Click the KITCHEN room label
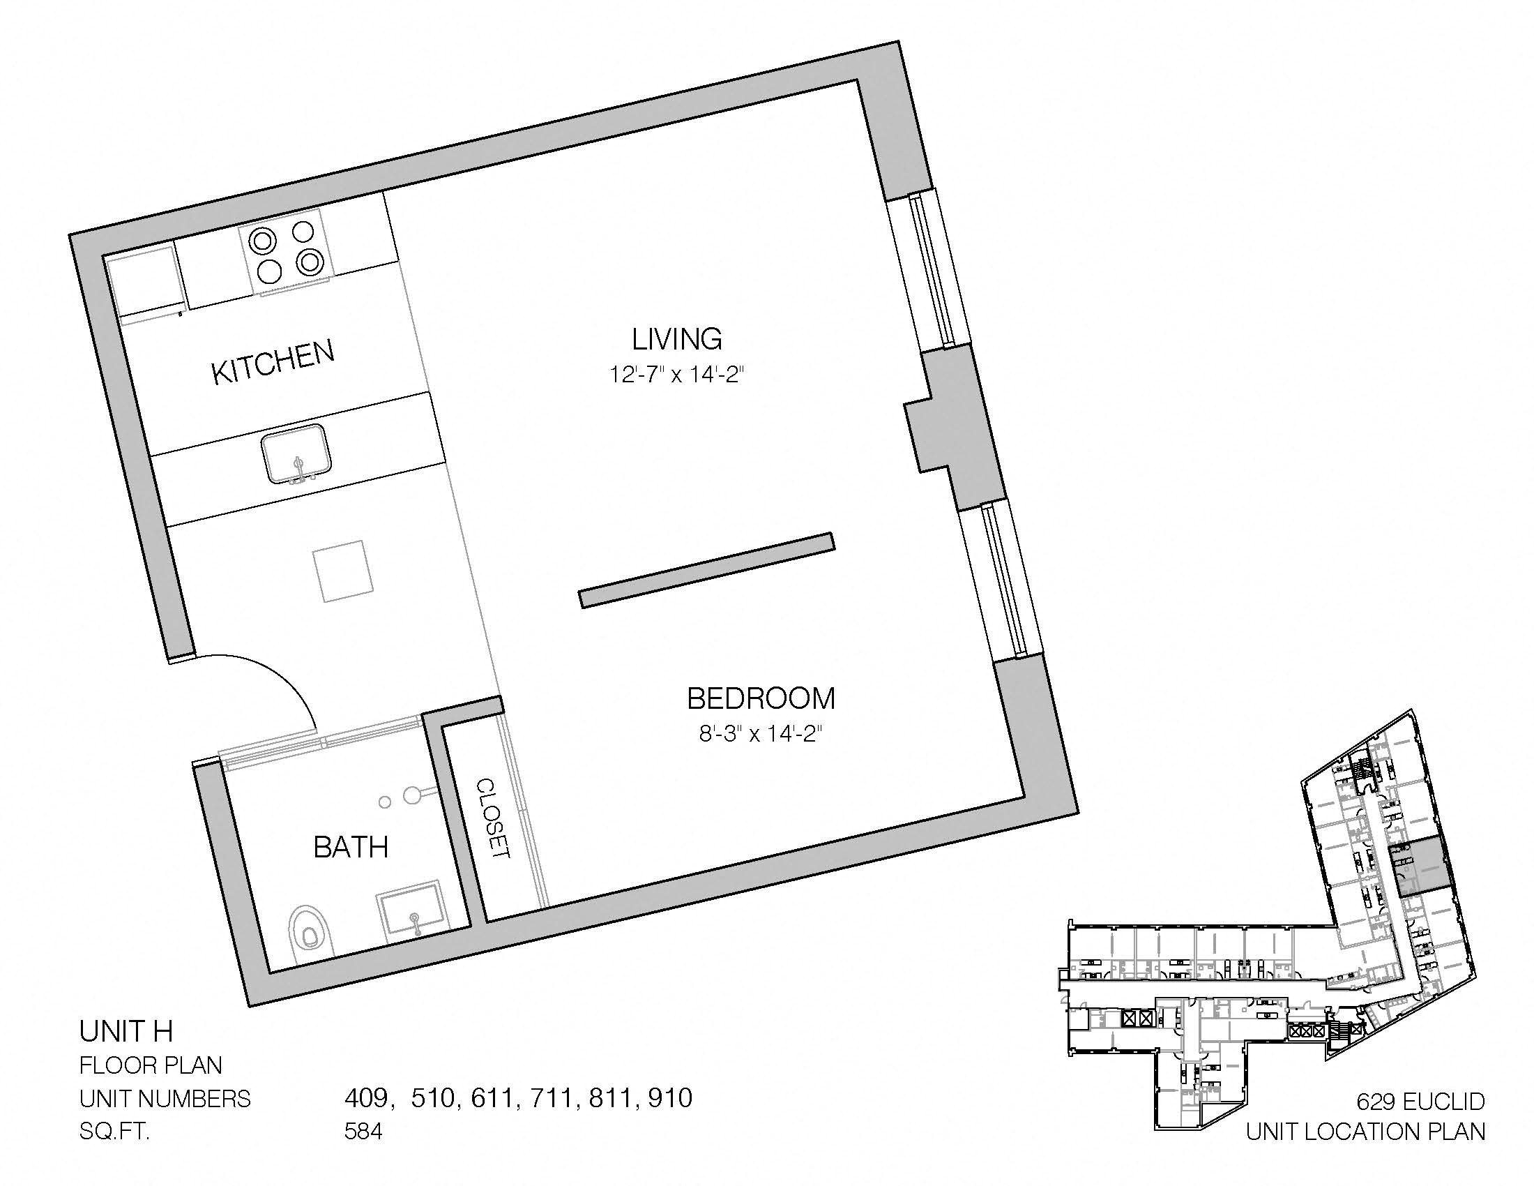click(273, 363)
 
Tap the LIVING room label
click(677, 339)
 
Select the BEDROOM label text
click(761, 699)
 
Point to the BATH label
click(351, 848)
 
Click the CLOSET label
click(493, 818)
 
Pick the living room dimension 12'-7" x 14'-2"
click(676, 375)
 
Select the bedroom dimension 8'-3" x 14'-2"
click(761, 735)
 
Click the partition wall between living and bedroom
click(707, 570)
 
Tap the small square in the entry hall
click(342, 571)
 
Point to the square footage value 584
click(363, 1132)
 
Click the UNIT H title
click(126, 1031)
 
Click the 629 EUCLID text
click(1420, 1101)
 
